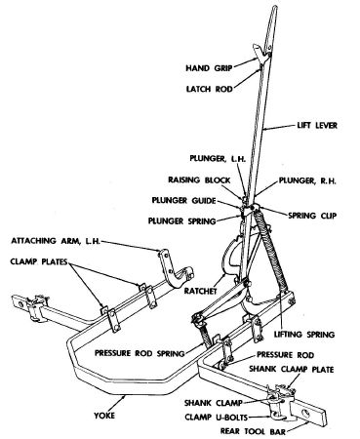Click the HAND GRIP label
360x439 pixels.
pos(209,68)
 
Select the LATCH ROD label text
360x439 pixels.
pos(209,89)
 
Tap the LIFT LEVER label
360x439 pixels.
pos(317,125)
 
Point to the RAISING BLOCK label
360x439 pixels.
pos(199,180)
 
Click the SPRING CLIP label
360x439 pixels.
pos(312,216)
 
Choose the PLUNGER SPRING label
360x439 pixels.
pos(182,221)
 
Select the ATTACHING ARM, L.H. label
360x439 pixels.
pos(56,241)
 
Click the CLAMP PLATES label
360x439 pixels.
pos(39,261)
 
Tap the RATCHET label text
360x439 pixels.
pos(200,291)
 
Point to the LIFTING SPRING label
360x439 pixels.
pos(304,334)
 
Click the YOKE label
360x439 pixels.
pos(104,416)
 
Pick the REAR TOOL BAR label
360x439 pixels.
pos(253,431)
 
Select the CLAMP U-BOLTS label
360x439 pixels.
pos(217,417)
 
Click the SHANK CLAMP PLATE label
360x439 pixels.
pos(292,369)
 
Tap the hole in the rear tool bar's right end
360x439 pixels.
pos(306,413)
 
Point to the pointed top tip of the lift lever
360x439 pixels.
pos(275,6)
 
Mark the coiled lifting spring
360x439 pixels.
pos(271,251)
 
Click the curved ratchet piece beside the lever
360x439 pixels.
pos(232,257)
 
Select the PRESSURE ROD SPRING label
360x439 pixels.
pos(140,353)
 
